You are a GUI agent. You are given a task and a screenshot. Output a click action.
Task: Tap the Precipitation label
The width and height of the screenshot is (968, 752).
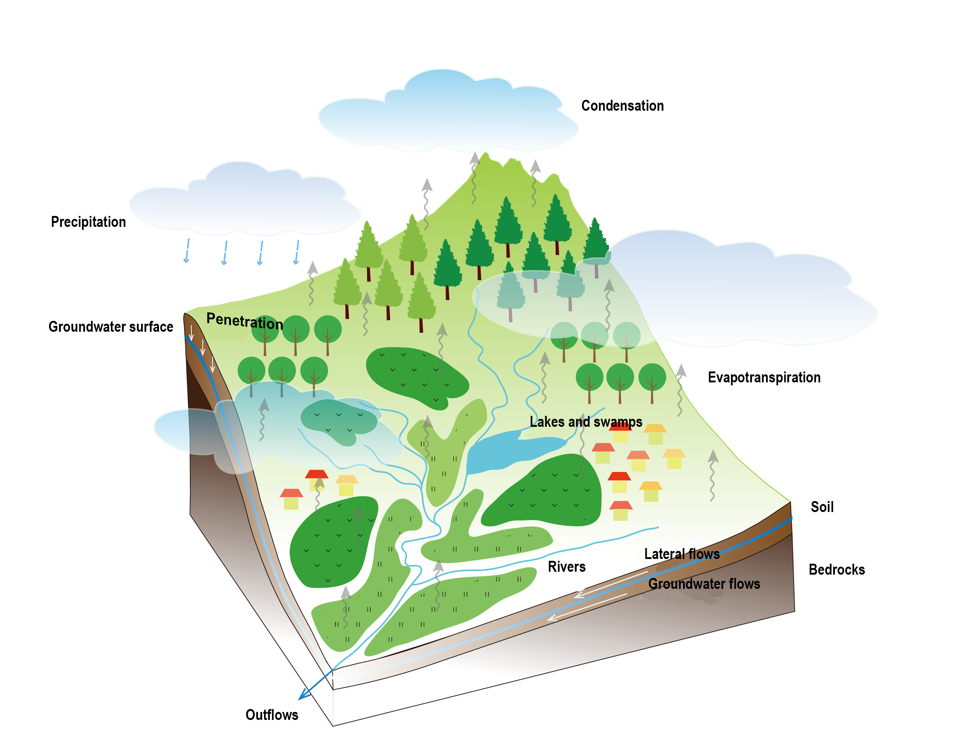[x=88, y=222]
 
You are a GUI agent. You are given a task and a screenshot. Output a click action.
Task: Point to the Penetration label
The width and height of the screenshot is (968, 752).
[x=244, y=321]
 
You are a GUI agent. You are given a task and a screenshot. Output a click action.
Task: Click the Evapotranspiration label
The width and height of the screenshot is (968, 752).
[x=764, y=377]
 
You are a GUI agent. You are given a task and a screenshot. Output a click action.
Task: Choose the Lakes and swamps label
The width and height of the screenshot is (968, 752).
[x=586, y=421]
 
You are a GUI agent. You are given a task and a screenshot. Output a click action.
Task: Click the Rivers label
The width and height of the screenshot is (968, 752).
[x=566, y=567]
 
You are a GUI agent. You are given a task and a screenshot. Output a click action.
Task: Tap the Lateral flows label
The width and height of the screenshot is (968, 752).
[x=681, y=554]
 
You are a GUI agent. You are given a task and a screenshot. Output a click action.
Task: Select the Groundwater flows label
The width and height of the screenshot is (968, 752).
[x=704, y=583]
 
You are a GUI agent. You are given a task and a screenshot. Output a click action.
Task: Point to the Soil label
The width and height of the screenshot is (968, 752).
[x=822, y=507]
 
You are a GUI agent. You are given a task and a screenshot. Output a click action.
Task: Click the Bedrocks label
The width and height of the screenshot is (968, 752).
[x=836, y=569]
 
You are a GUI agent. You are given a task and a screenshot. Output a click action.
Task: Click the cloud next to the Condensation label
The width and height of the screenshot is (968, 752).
[x=448, y=115]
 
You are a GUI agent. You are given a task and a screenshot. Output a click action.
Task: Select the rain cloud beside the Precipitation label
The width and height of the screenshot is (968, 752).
[x=244, y=202]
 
